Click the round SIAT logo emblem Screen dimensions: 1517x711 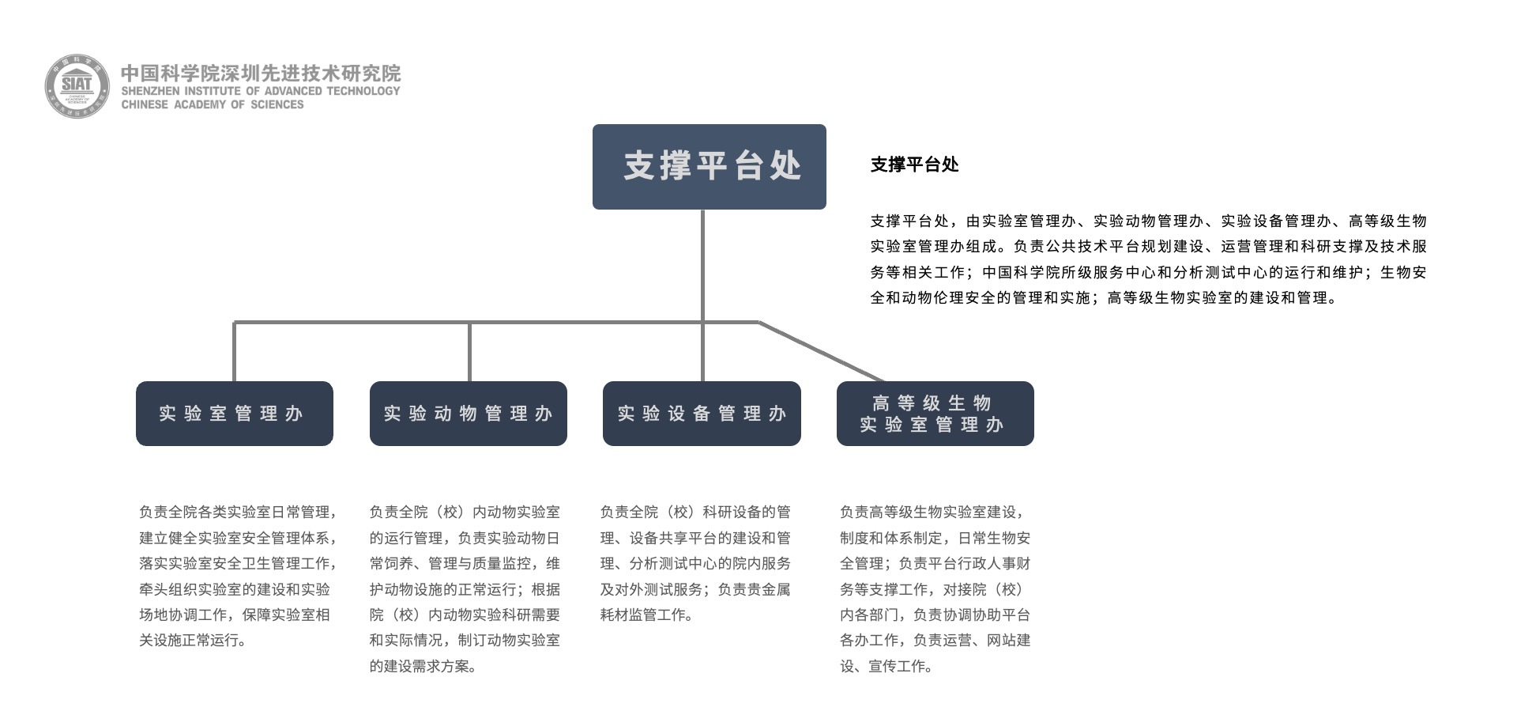pyautogui.click(x=77, y=86)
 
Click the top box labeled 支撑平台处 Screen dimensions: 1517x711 pyautogui.click(x=710, y=167)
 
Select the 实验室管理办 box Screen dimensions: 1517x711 pyautogui.click(x=235, y=414)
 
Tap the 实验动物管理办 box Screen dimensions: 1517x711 pyautogui.click(x=469, y=414)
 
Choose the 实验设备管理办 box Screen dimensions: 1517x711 pyautogui.click(x=702, y=414)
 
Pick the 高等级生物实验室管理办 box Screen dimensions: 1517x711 pyautogui.click(x=935, y=414)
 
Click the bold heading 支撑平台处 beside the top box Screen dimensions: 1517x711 pyautogui.click(x=915, y=165)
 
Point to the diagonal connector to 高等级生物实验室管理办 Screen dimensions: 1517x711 pyautogui.click(x=822, y=352)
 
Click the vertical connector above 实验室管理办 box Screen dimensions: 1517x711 pyautogui.click(x=235, y=352)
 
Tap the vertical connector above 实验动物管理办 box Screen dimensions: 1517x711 pyautogui.click(x=469, y=352)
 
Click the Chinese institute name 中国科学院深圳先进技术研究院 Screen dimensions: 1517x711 pyautogui.click(x=261, y=74)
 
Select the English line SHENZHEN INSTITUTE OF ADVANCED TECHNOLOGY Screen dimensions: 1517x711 pyautogui.click(x=261, y=91)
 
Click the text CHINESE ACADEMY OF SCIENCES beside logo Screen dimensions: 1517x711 pyautogui.click(x=213, y=104)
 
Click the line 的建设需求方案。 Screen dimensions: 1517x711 pyautogui.click(x=423, y=666)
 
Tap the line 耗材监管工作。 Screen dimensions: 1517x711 pyautogui.click(x=646, y=615)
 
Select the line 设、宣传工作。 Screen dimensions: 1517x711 pyautogui.click(x=886, y=666)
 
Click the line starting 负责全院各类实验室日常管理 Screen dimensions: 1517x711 pyautogui.click(x=239, y=512)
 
